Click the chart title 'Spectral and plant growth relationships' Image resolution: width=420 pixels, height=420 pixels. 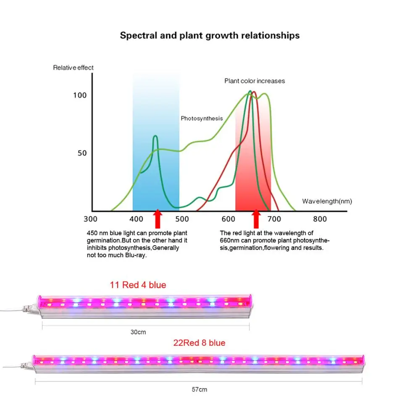pos(210,35)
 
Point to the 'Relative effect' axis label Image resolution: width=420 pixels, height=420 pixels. pos(73,68)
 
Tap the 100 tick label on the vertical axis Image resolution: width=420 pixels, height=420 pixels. pos(80,95)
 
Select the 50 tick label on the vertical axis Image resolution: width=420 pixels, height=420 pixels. pos(82,153)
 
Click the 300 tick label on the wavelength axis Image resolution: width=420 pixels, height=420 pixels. pos(90,219)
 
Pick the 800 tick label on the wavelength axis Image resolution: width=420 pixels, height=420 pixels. pos(320,219)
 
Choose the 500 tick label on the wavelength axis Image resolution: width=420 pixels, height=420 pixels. pos(182,219)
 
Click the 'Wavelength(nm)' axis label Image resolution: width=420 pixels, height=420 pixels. pos(327,201)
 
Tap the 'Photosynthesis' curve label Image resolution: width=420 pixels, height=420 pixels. pos(202,118)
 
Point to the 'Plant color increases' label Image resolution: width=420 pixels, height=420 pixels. pos(255,81)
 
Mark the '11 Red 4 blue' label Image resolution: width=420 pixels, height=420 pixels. pos(138,285)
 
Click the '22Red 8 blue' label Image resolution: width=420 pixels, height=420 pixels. pos(199,343)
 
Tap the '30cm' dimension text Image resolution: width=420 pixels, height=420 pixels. pos(138,332)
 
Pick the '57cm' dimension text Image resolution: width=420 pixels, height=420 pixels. pos(199,390)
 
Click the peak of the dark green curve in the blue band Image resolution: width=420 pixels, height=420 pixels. pos(155,136)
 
